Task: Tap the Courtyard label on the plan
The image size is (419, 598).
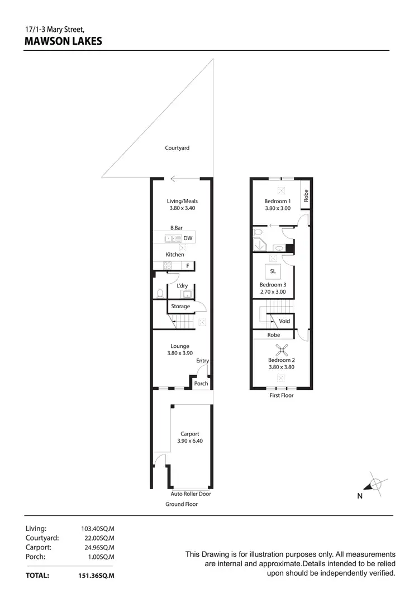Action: pos(177,148)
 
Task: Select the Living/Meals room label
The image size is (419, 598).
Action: pos(183,201)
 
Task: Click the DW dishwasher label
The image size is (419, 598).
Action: pos(188,238)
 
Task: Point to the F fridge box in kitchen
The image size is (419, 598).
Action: pos(188,266)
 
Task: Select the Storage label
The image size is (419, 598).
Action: pos(180,306)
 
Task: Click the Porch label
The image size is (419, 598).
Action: pos(201,384)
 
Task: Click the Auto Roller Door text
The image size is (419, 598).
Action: pos(191,494)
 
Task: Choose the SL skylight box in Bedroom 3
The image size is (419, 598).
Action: pos(273,271)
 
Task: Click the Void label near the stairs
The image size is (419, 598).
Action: pos(284,321)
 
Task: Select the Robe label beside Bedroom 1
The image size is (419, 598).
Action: pos(306,195)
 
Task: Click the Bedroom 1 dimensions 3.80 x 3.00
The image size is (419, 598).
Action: pos(278,208)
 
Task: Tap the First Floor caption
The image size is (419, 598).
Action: pos(282,395)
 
